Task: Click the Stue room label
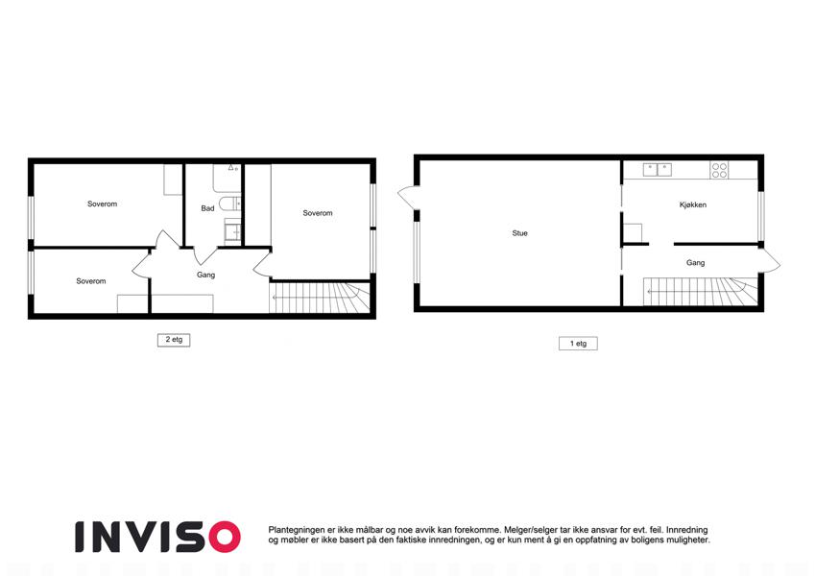click(x=519, y=233)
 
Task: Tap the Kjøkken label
click(x=692, y=204)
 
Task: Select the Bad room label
click(x=207, y=208)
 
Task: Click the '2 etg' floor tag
click(x=174, y=340)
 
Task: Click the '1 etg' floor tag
click(x=578, y=343)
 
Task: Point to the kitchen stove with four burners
click(x=719, y=171)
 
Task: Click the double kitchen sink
click(x=657, y=170)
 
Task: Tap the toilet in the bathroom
click(x=229, y=204)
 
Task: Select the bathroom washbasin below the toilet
click(x=232, y=230)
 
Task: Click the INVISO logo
click(x=157, y=537)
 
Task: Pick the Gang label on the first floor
click(x=695, y=263)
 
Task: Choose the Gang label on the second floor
click(x=205, y=275)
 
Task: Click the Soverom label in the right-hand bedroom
click(x=318, y=213)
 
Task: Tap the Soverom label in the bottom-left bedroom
click(x=91, y=281)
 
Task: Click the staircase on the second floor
click(x=319, y=298)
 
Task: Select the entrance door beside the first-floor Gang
click(x=769, y=259)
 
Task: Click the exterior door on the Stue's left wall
click(x=407, y=198)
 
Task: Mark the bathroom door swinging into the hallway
click(x=204, y=254)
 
